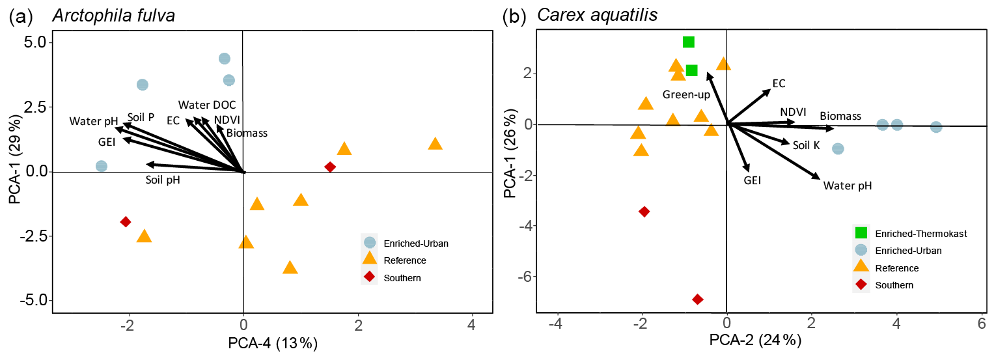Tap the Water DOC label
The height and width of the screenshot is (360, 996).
[207, 105]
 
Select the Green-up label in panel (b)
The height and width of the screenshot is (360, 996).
[686, 95]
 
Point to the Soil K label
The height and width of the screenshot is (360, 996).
[806, 145]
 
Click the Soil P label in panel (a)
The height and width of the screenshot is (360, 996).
[141, 117]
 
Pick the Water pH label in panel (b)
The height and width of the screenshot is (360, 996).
[847, 186]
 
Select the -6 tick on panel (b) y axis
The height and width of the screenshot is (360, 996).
[525, 277]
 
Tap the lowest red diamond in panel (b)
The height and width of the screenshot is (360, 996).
[698, 299]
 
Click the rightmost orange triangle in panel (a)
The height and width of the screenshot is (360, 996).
[435, 144]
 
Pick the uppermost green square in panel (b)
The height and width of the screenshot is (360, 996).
[688, 42]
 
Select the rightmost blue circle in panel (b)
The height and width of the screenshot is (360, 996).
[936, 127]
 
